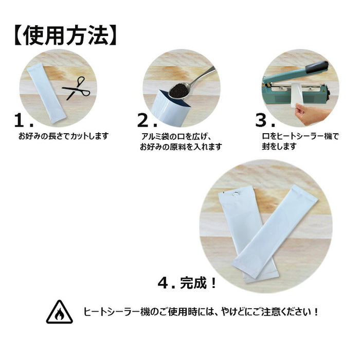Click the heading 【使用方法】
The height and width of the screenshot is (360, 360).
tap(66, 36)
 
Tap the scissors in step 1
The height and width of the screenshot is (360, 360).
tap(77, 88)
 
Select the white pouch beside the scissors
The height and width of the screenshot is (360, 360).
tap(47, 93)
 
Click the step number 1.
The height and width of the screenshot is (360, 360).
tap(24, 120)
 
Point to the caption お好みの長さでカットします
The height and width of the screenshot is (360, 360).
tap(63, 136)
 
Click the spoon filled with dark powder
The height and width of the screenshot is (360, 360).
tap(191, 83)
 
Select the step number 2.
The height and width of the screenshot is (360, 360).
tap(147, 120)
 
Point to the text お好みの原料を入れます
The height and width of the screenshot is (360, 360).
tap(181, 147)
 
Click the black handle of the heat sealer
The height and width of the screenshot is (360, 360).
tap(317, 67)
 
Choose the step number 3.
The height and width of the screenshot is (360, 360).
tap(265, 120)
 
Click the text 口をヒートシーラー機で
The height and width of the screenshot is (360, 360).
tap(300, 136)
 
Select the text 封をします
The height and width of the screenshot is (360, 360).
tap(279, 146)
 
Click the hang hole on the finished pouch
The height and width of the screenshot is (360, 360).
tap(235, 194)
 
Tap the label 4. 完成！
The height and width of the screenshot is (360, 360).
tap(187, 283)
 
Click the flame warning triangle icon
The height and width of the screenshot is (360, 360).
tap(60, 312)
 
